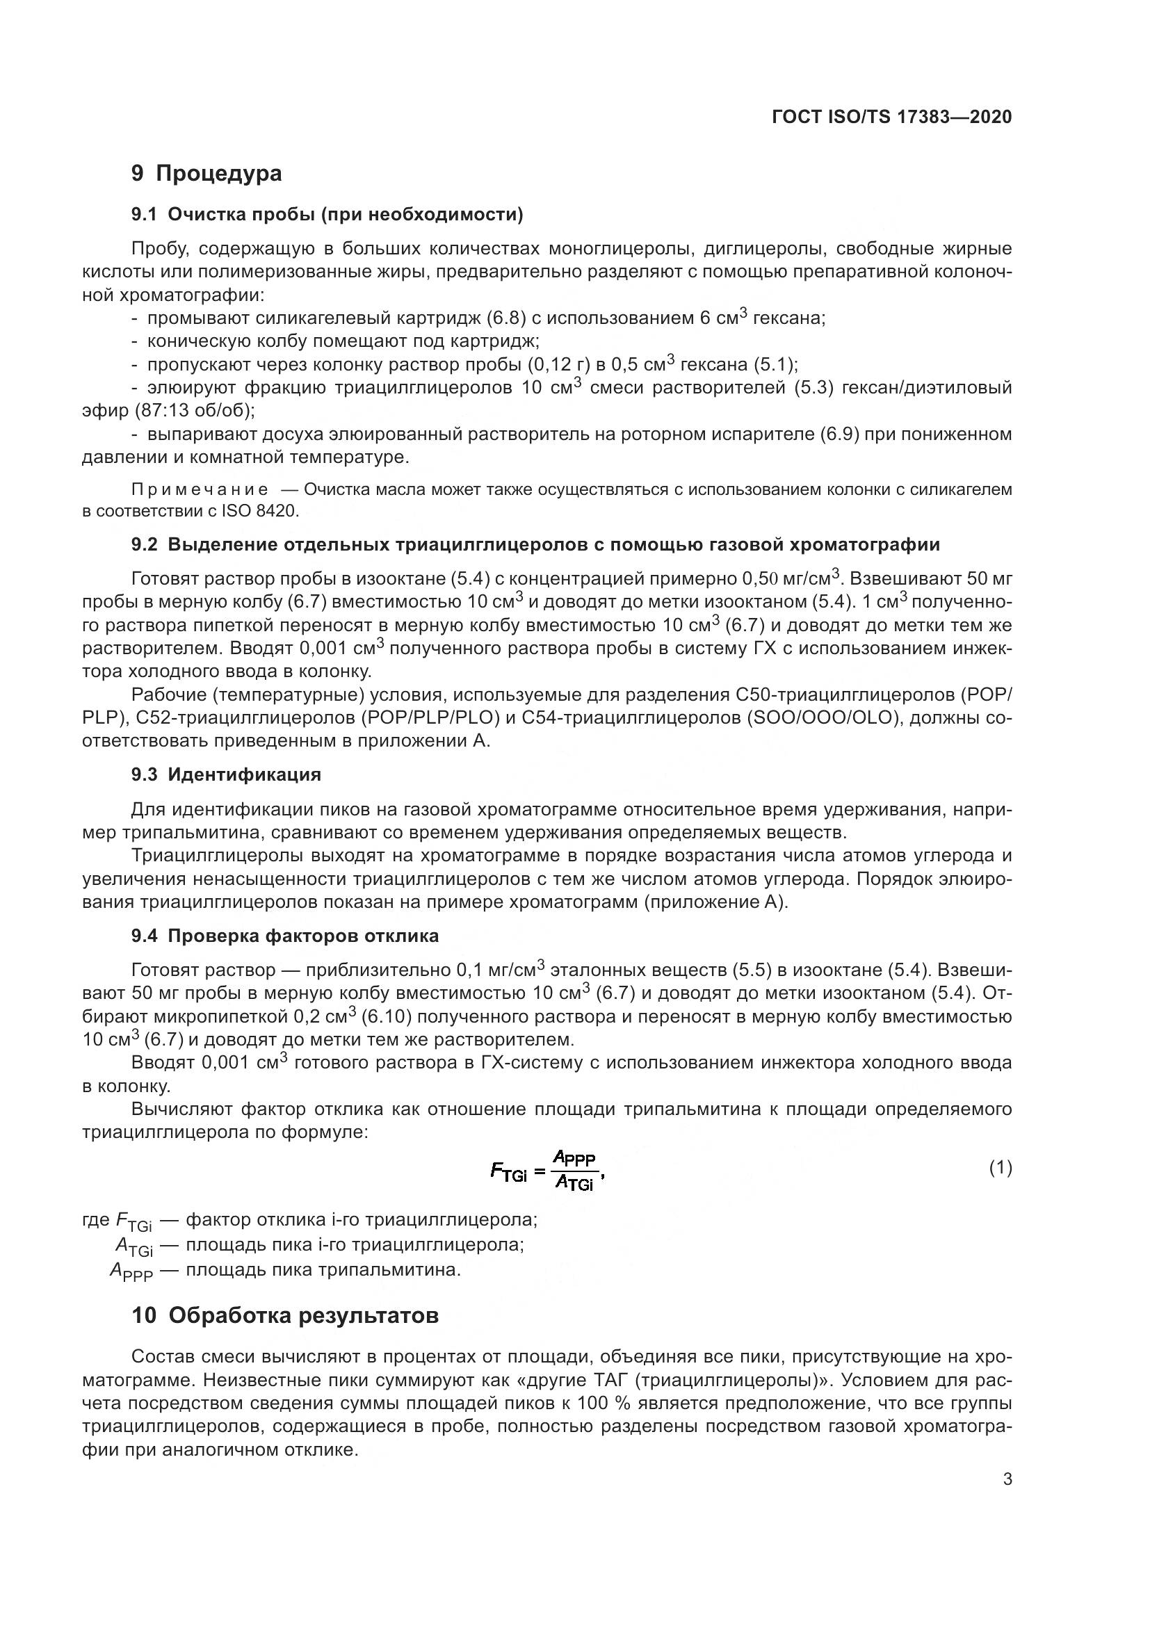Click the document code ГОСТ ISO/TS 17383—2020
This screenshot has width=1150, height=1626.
(x=891, y=117)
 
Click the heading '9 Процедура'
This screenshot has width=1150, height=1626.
(x=206, y=173)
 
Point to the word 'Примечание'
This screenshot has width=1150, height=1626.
(x=200, y=489)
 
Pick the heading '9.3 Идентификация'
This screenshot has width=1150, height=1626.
(x=226, y=774)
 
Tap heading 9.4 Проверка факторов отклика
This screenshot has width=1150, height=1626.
(x=284, y=936)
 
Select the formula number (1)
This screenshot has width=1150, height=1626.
(x=1000, y=1168)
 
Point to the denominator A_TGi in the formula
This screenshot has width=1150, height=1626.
(x=574, y=1180)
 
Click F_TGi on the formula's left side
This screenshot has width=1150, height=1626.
(x=508, y=1172)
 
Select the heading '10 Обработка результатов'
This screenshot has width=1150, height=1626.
(x=284, y=1315)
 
